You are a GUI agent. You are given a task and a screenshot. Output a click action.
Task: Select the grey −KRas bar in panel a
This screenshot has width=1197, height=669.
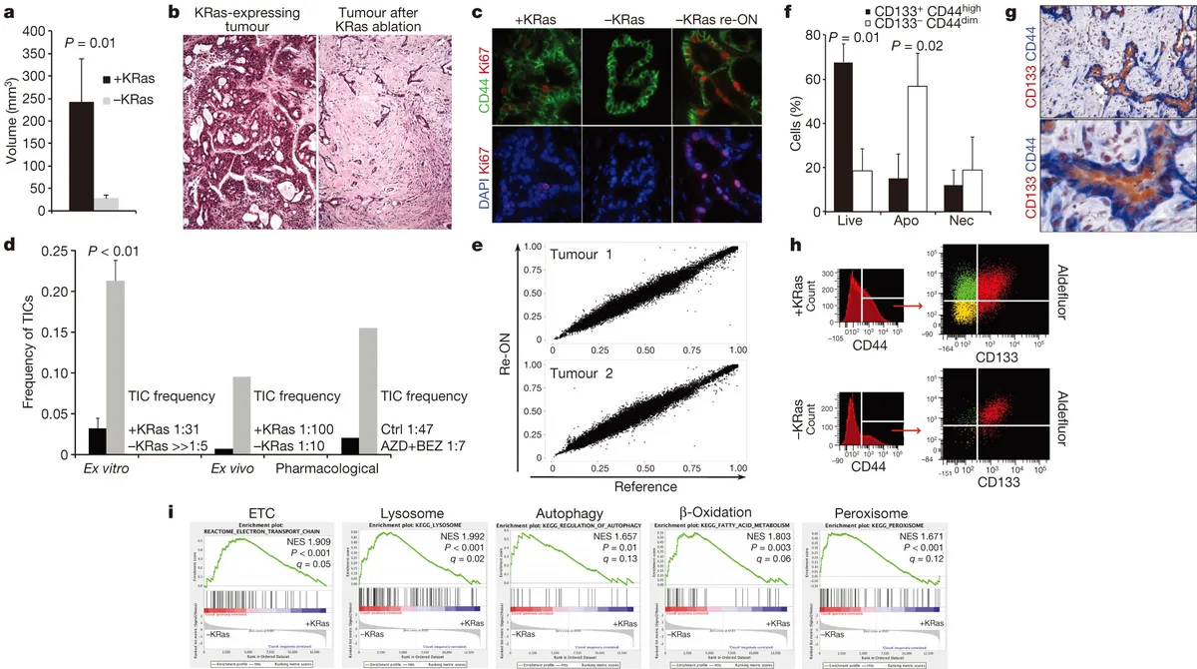pyautogui.click(x=106, y=204)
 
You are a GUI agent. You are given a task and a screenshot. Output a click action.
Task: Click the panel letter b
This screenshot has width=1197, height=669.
pyautogui.click(x=174, y=14)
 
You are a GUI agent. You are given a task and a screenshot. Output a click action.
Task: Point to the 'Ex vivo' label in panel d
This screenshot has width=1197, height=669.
pyautogui.click(x=231, y=467)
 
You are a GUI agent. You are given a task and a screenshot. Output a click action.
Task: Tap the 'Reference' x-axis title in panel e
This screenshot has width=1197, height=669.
pyautogui.click(x=649, y=484)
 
